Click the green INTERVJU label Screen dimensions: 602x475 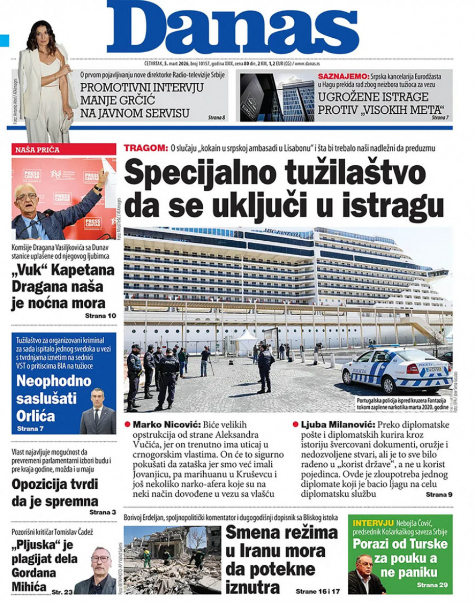pyautogui.click(x=373, y=523)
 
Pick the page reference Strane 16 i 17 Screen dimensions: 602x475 pyautogui.click(x=317, y=592)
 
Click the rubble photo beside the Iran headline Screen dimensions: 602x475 pyautogui.click(x=172, y=560)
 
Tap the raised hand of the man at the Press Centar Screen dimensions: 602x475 pyautogui.click(x=104, y=175)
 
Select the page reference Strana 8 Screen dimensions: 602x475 pyautogui.click(x=217, y=118)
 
